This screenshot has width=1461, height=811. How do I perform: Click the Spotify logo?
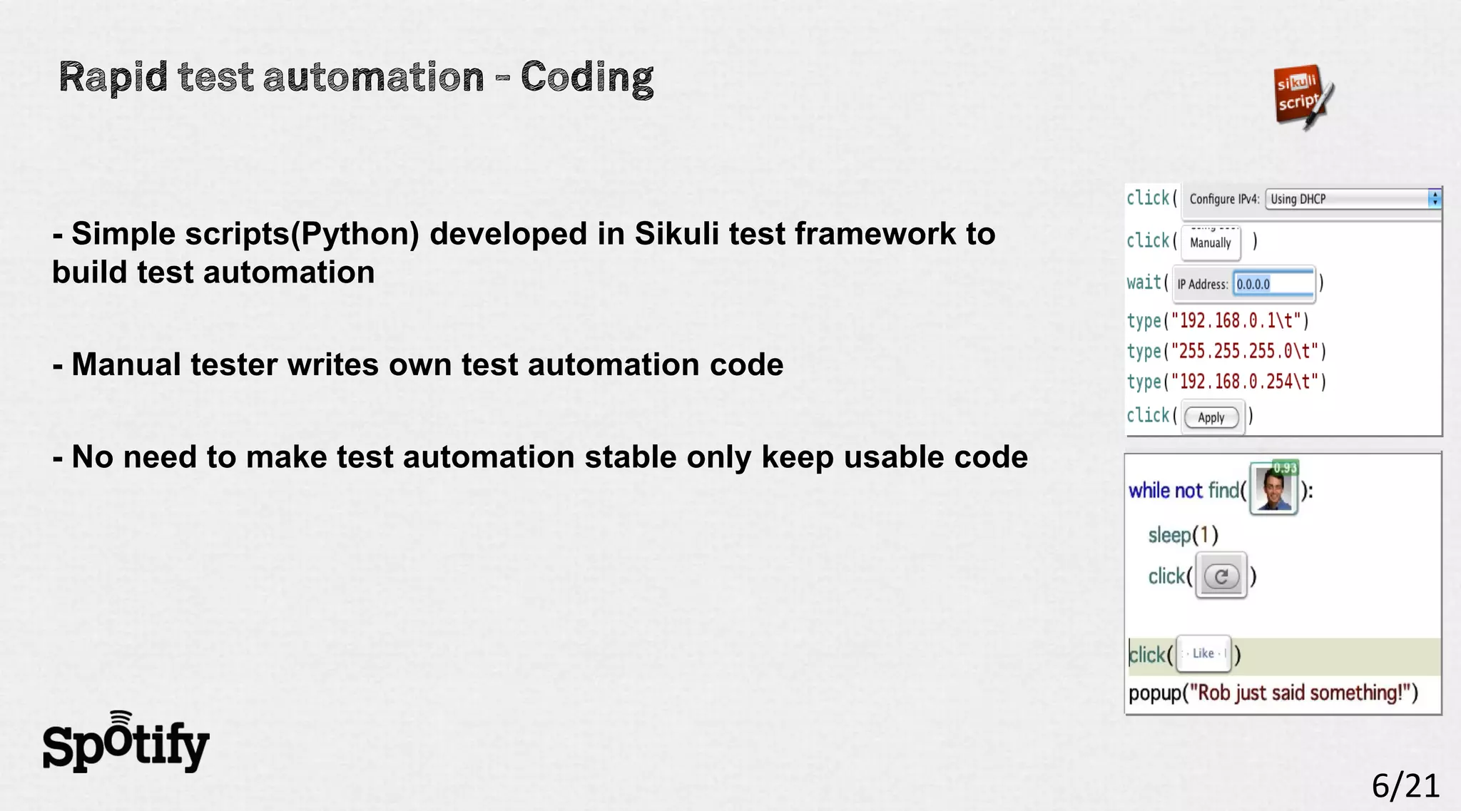126,743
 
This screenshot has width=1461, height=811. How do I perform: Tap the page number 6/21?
1405,786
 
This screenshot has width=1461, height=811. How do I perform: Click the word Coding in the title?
586,77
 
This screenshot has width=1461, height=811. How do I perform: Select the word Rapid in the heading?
113,77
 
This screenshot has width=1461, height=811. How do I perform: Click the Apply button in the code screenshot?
1211,417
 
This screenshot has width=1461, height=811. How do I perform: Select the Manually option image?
1211,243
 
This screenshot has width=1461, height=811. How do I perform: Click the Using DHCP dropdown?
1352,199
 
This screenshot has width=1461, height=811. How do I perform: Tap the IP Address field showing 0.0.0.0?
1273,284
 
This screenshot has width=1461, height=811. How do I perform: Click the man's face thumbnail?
1274,490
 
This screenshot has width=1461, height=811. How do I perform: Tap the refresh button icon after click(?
1221,576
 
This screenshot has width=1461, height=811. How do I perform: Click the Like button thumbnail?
1203,653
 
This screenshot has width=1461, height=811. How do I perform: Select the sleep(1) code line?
1183,535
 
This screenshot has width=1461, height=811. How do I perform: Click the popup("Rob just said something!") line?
1273,693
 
